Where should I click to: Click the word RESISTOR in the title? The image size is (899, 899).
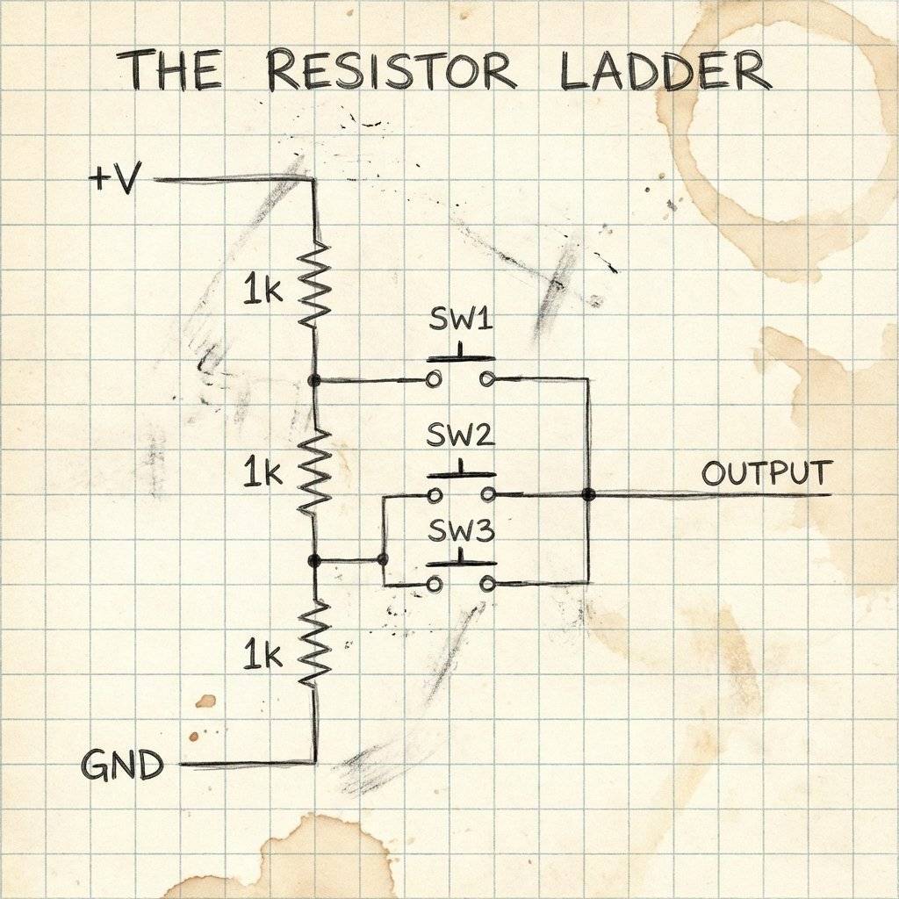click(392, 70)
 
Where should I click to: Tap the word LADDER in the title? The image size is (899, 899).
click(665, 70)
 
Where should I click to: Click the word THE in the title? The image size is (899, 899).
click(169, 70)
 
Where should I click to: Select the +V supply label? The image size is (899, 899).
click(115, 181)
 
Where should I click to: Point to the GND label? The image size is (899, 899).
click(123, 766)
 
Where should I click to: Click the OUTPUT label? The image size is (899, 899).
click(766, 473)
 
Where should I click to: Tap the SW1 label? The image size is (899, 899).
click(460, 320)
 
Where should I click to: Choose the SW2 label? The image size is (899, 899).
click(460, 435)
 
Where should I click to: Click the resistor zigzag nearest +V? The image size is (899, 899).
click(315, 283)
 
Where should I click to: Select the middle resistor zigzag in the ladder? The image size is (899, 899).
click(315, 471)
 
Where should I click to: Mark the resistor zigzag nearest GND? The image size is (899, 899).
click(315, 644)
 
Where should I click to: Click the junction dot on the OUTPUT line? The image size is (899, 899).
click(588, 495)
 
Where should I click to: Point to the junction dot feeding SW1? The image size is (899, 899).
click(315, 380)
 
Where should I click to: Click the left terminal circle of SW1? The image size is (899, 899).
click(433, 380)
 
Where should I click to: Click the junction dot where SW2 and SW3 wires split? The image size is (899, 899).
click(382, 559)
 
